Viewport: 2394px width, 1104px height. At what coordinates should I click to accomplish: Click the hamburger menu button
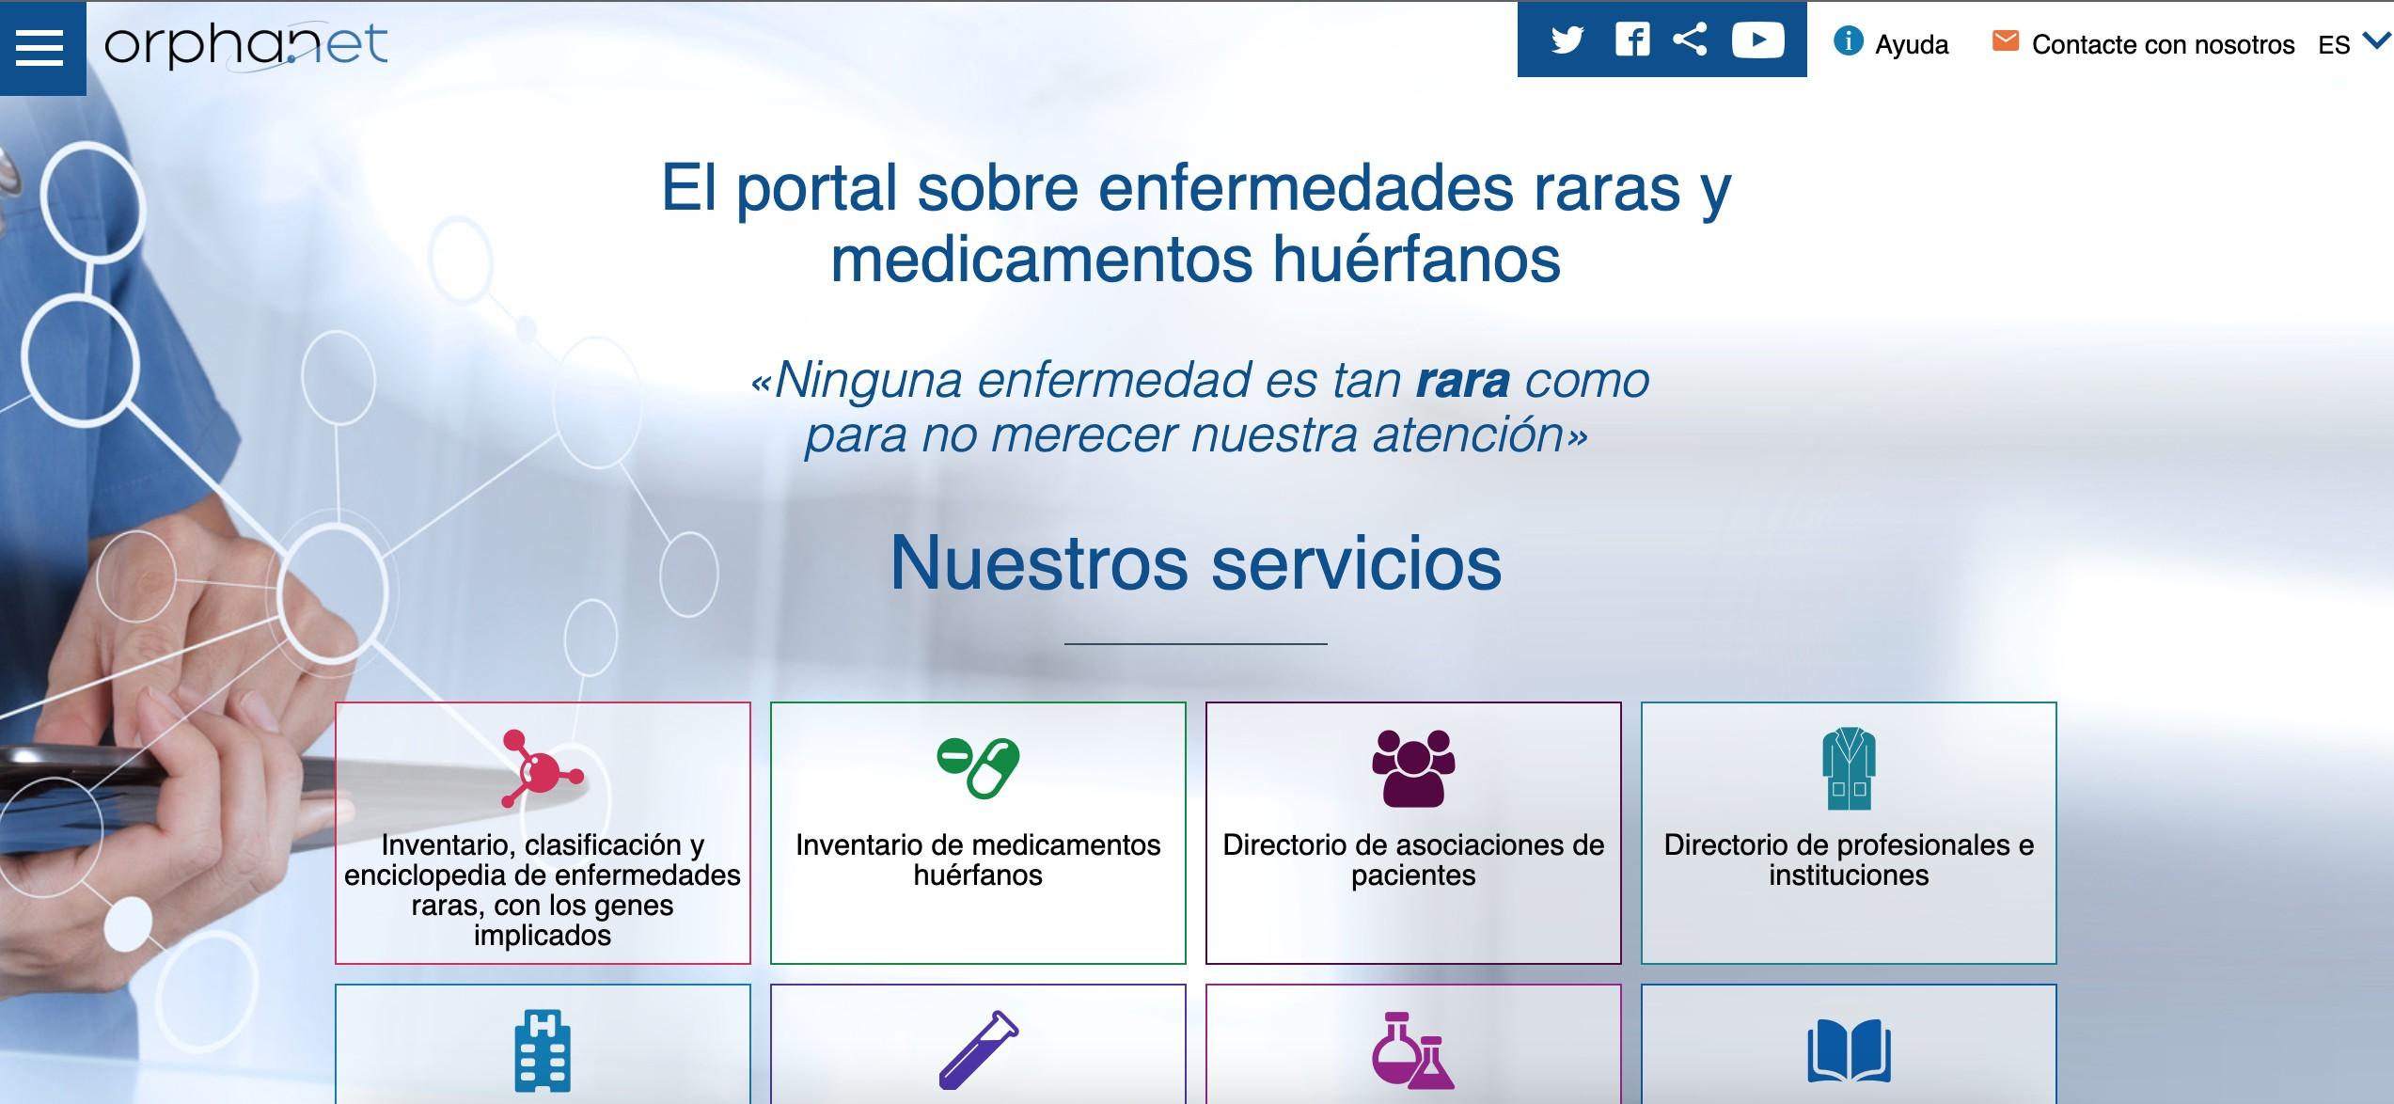pyautogui.click(x=41, y=48)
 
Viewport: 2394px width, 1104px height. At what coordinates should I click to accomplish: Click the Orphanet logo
pyautogui.click(x=245, y=45)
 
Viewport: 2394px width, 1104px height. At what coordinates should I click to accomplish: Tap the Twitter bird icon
pyautogui.click(x=1567, y=40)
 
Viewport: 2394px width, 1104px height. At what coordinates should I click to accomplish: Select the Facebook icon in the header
pyautogui.click(x=1632, y=40)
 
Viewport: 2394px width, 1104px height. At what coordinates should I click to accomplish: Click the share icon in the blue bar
pyautogui.click(x=1690, y=39)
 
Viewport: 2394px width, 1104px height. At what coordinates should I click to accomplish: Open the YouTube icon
pyautogui.click(x=1757, y=39)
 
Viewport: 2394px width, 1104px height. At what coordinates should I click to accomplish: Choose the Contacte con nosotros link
pyautogui.click(x=2163, y=44)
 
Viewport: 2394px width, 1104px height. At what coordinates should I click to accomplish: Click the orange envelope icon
pyautogui.click(x=2005, y=41)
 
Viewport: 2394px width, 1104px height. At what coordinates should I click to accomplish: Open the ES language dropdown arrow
pyautogui.click(x=2376, y=39)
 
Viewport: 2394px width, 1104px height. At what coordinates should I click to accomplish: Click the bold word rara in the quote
pyautogui.click(x=1462, y=380)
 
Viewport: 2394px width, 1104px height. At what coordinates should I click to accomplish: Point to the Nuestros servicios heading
pyautogui.click(x=1196, y=562)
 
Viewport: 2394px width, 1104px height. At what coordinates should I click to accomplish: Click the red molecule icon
pyautogui.click(x=542, y=768)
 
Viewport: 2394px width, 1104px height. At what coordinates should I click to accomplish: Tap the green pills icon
pyautogui.click(x=978, y=767)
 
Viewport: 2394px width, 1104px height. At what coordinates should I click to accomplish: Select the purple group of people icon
pyautogui.click(x=1413, y=768)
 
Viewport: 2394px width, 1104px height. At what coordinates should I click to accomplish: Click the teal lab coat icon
pyautogui.click(x=1849, y=768)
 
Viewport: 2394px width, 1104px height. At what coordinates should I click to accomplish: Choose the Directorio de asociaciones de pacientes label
pyautogui.click(x=1413, y=860)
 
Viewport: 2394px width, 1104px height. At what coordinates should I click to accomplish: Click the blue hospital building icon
pyautogui.click(x=543, y=1050)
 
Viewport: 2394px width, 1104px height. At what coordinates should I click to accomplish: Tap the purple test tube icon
pyautogui.click(x=978, y=1050)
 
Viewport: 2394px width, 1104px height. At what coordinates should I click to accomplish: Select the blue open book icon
pyautogui.click(x=1849, y=1050)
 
